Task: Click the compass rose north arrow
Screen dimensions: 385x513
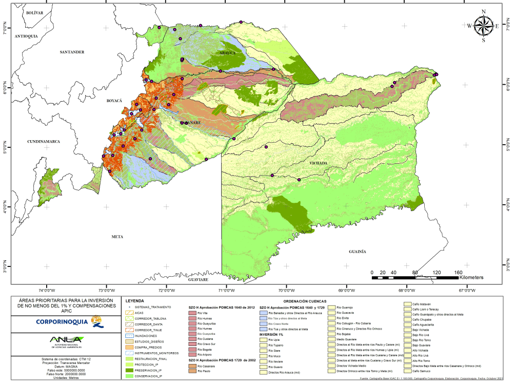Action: coord(483,25)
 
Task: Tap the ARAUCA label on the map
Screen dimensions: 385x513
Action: coord(227,53)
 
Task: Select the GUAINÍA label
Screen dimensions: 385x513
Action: coord(357,252)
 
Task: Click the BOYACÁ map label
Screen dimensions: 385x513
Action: coord(114,101)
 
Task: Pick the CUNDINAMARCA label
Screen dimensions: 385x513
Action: coord(44,141)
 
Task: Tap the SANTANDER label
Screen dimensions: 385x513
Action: coord(72,52)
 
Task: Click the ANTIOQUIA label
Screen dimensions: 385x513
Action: coord(27,36)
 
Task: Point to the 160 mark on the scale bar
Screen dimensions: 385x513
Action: coord(458,272)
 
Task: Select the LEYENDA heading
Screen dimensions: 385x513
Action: coord(134,301)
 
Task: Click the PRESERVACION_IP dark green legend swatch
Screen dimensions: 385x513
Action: coord(130,369)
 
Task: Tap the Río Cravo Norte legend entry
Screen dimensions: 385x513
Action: coord(279,323)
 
